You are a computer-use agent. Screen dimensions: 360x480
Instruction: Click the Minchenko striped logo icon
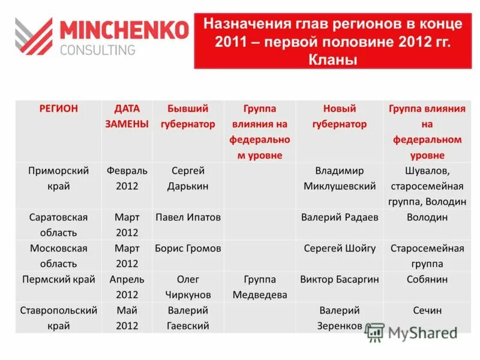coord(34,37)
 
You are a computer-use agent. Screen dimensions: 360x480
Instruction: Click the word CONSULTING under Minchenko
coord(97,50)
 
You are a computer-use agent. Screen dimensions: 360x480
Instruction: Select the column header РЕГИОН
coord(58,109)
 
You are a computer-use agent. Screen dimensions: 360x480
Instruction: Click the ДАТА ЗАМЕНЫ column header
coord(127,116)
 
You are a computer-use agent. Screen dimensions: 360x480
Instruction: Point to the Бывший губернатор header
coord(188,116)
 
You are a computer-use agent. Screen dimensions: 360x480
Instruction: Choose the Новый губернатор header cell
coord(340,116)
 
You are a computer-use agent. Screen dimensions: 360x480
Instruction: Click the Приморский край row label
coord(58,178)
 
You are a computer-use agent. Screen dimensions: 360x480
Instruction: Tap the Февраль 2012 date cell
coord(127,178)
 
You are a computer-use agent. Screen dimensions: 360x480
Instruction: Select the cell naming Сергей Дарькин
coord(188,178)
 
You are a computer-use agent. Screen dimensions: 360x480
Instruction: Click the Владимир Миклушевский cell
coord(340,178)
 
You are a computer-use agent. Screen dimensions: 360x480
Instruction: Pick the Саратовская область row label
coord(58,224)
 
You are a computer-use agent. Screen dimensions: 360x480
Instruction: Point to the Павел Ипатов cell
coord(188,217)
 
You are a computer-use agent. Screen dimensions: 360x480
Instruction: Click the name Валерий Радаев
coord(340,217)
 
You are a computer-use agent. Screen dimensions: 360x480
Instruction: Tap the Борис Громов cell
coord(188,248)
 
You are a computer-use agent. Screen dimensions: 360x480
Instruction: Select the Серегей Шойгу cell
coord(340,248)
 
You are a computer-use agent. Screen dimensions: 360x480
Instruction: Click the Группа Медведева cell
coord(260,287)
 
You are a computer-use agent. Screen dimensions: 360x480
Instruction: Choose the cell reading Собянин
coord(427,280)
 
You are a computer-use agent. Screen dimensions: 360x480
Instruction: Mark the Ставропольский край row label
coord(58,318)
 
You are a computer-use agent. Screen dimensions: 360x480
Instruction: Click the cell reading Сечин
coord(427,311)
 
